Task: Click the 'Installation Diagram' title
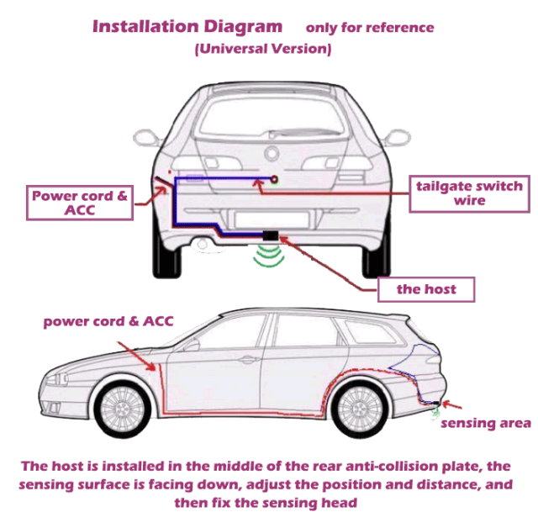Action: pyautogui.click(x=187, y=25)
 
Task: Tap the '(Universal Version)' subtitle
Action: pyautogui.click(x=263, y=49)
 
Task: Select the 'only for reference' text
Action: pyautogui.click(x=370, y=28)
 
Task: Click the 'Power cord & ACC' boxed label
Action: pyautogui.click(x=80, y=203)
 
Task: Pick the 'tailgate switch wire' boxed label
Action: pyautogui.click(x=469, y=193)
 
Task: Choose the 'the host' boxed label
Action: pyautogui.click(x=426, y=289)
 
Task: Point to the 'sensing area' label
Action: pyautogui.click(x=486, y=423)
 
